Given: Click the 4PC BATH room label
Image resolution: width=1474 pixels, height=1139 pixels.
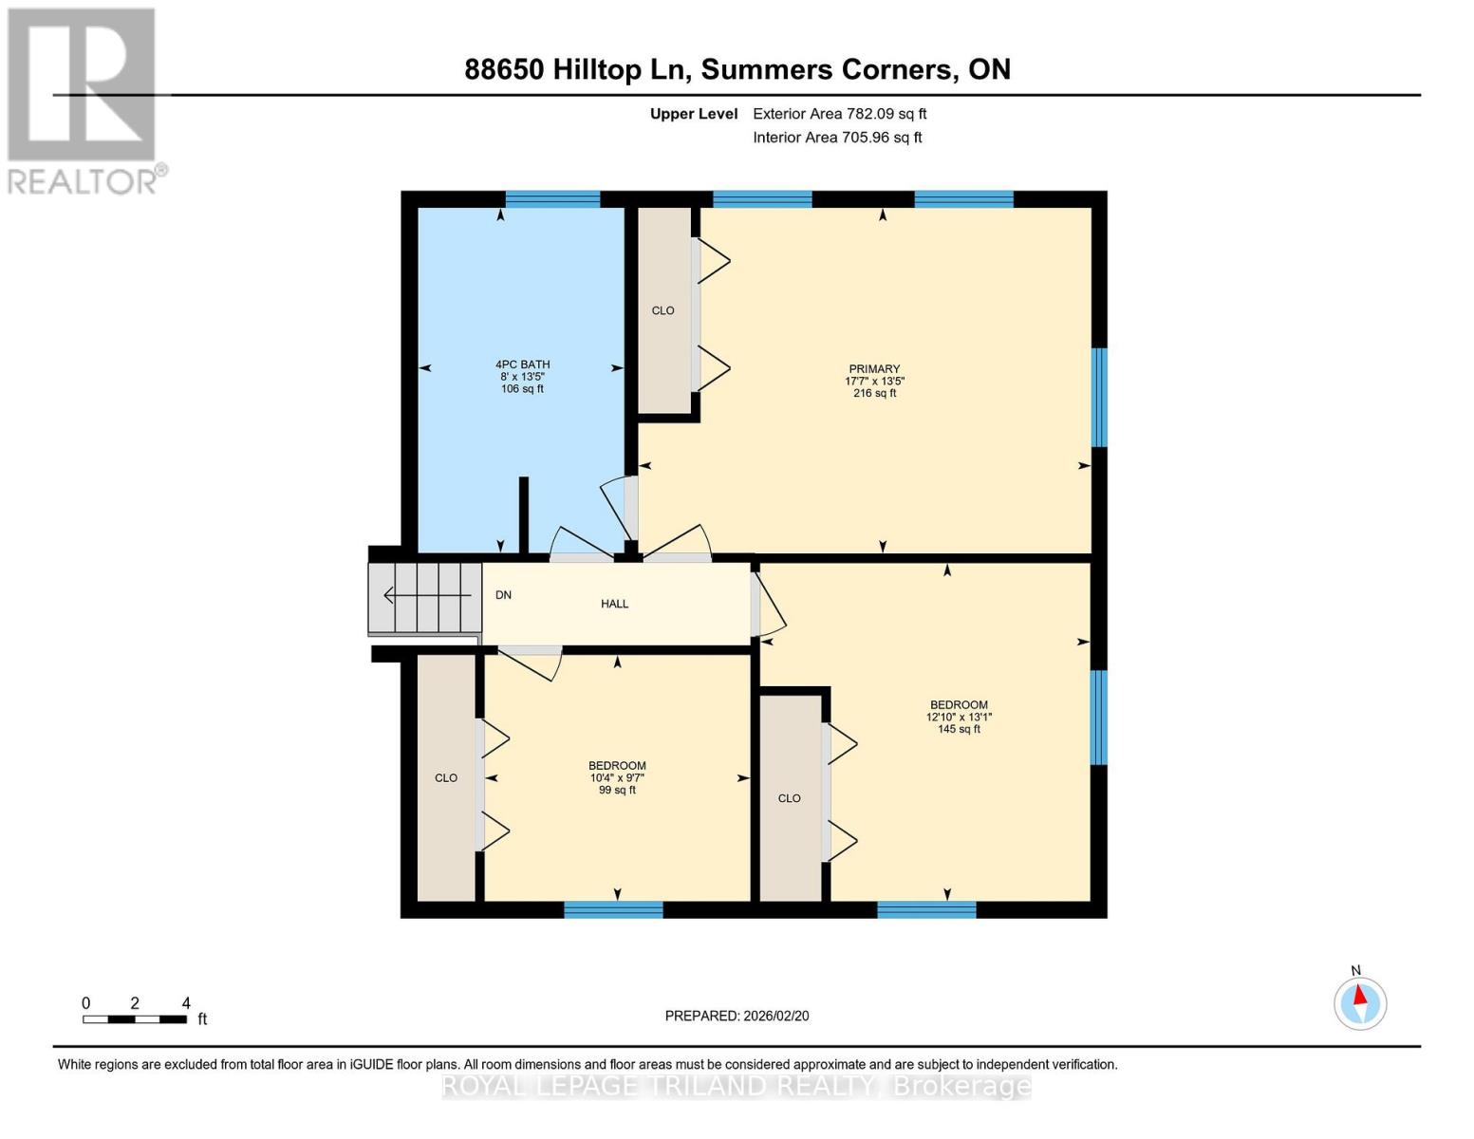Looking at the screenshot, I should (522, 364).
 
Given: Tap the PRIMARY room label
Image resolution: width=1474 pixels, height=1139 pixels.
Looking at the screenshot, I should (874, 369).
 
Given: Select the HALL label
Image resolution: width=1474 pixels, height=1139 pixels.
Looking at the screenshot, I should (614, 604).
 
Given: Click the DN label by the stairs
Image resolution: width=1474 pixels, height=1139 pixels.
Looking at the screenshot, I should (503, 595).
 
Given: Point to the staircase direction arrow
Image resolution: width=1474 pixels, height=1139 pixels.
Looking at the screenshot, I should (426, 595).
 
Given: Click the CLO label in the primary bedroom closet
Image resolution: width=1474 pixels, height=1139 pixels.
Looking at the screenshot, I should (662, 310).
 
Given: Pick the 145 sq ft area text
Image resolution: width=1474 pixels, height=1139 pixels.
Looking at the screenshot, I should (959, 729).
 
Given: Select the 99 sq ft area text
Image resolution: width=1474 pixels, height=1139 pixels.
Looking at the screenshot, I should (617, 790).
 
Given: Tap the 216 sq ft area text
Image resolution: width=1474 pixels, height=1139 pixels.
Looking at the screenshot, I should (874, 393).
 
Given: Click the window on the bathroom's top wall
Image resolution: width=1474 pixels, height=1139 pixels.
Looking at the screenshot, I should (552, 199).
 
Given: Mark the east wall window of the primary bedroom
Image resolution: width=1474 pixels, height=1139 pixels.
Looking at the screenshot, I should (1099, 397).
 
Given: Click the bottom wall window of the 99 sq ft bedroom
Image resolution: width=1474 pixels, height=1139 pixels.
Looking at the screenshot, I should (613, 910).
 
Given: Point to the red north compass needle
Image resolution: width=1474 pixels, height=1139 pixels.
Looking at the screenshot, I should (1361, 996).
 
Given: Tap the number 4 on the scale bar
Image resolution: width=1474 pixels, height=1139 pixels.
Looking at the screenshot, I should (186, 1003).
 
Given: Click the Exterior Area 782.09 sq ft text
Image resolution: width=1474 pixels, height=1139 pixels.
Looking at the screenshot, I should (839, 114).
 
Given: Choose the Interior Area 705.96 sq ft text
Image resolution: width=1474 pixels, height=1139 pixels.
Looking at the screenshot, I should (837, 138).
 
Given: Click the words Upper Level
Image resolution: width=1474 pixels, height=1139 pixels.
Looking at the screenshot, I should (694, 114).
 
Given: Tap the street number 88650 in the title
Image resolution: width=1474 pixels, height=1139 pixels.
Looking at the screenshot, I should (503, 69).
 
